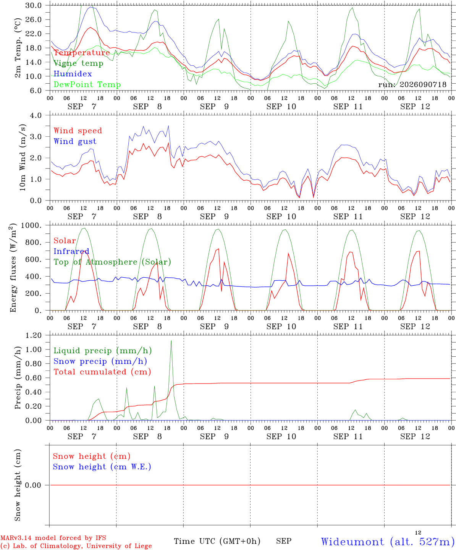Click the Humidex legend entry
point(73,74)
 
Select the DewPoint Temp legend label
point(87,84)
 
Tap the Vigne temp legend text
point(79,63)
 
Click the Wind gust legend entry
point(75,141)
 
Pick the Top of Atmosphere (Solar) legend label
point(113,262)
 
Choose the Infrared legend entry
point(71,251)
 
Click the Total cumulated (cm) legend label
point(102,372)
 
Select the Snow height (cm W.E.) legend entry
point(102,466)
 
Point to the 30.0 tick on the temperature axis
point(34,5)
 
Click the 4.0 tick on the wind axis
point(36,115)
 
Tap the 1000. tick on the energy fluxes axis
point(31,225)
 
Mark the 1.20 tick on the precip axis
point(34,335)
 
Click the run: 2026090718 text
point(412,84)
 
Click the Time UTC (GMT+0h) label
point(217,541)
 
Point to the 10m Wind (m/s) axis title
point(23,157)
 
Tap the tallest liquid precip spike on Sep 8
point(171,341)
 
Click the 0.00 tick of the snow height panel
point(33,485)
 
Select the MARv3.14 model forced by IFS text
point(53,538)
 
